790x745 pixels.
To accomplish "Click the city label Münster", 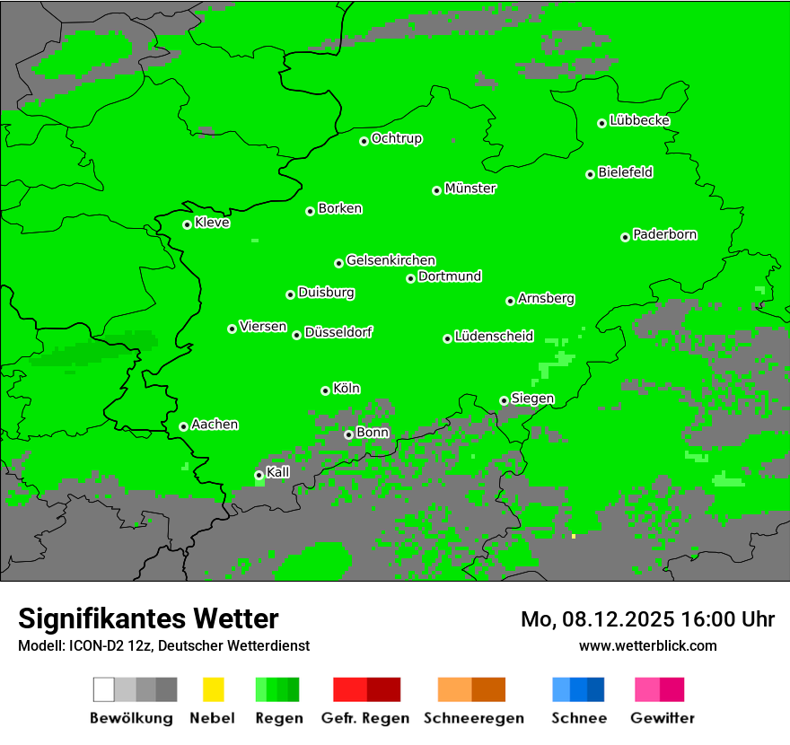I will [470, 188].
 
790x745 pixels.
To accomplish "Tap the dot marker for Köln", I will [325, 390].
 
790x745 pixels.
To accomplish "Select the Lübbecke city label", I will [639, 120].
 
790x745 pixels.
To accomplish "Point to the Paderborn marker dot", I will [625, 237].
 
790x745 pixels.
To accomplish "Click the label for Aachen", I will [215, 424].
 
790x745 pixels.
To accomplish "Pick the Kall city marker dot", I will [259, 475].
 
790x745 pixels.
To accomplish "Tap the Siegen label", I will [532, 399].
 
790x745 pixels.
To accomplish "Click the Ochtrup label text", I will [397, 138].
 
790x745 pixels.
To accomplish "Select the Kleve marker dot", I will [187, 224].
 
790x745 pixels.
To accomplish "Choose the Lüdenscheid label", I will [494, 337].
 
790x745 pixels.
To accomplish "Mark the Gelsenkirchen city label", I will [391, 260].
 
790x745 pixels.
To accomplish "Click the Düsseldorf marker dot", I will [296, 335].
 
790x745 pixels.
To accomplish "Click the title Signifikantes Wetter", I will [148, 618].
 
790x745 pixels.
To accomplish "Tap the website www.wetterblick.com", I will [647, 645].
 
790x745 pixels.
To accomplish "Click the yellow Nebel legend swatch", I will [213, 689].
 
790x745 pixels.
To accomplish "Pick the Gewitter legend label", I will [662, 718].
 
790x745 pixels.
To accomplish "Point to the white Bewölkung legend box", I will [104, 689].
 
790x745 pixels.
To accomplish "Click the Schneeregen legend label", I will [473, 718].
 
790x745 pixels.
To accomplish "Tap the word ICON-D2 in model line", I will [92, 645].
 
